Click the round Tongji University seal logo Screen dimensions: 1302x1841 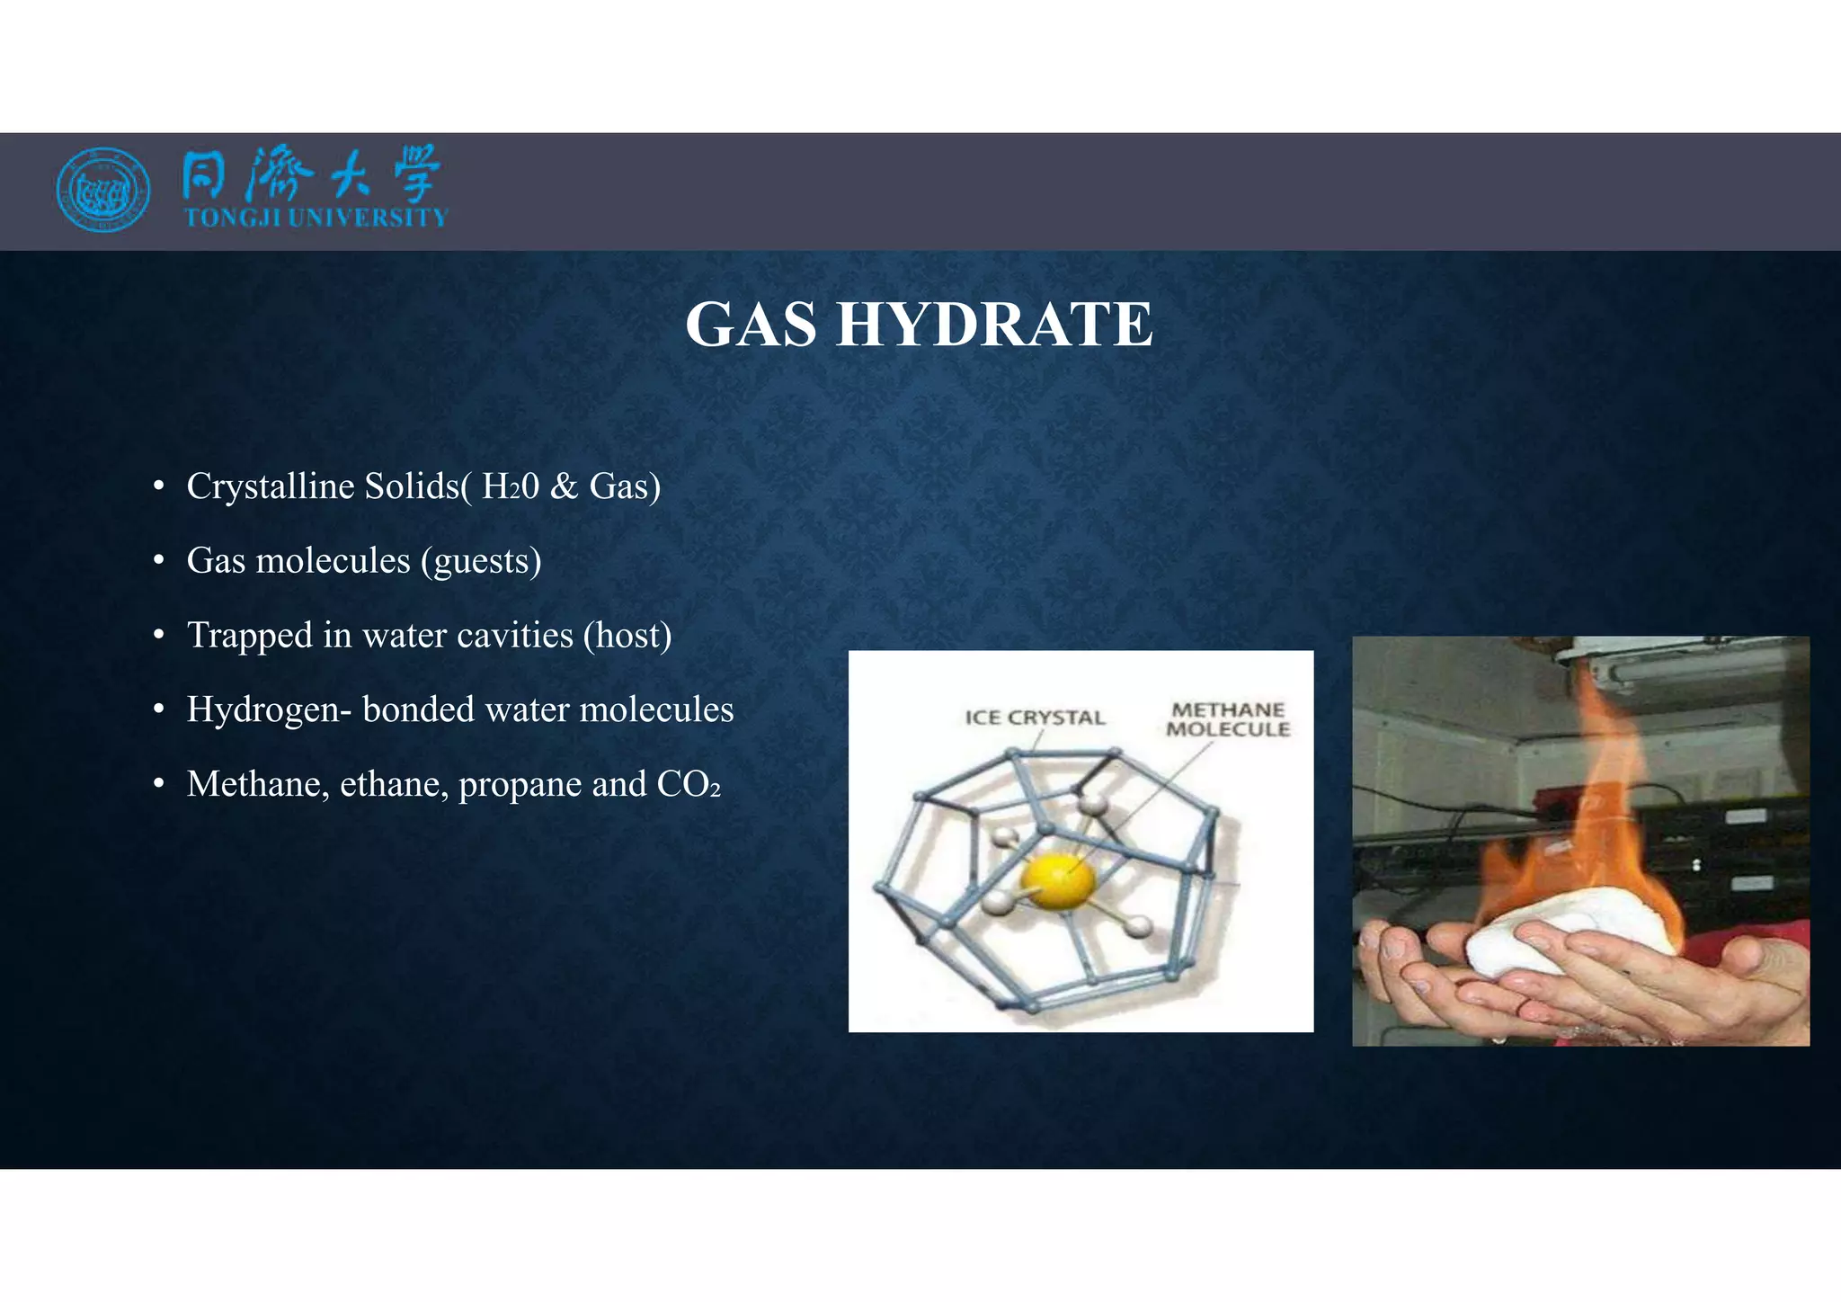pyautogui.click(x=102, y=190)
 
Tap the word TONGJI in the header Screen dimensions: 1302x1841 pyautogui.click(x=232, y=218)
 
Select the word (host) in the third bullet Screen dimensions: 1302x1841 pyautogui.click(x=627, y=635)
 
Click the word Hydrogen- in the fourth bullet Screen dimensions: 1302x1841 pyautogui.click(x=269, y=710)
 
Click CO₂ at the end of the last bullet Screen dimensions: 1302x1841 pyautogui.click(x=689, y=784)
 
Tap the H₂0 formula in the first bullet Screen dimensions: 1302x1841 pyautogui.click(x=511, y=486)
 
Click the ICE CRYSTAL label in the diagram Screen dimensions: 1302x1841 pyautogui.click(x=1035, y=718)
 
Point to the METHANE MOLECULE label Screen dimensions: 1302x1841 pyautogui.click(x=1228, y=719)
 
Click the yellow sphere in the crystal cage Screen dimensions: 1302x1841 pyautogui.click(x=1059, y=880)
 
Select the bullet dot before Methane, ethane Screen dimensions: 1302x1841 pyautogui.click(x=158, y=785)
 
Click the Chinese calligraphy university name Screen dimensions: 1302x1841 pyautogui.click(x=311, y=174)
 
